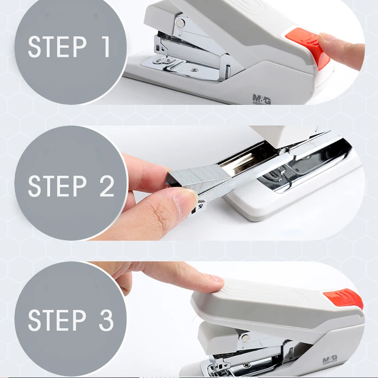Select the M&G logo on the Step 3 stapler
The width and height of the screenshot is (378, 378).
(x=330, y=360)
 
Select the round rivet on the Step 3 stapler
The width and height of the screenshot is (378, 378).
(x=244, y=337)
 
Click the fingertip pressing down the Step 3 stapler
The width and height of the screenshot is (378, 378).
(x=215, y=281)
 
